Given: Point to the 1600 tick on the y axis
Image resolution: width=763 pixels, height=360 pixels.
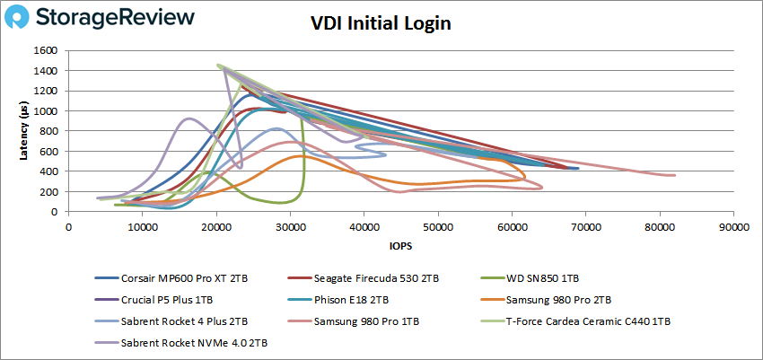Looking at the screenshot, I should [x=47, y=50].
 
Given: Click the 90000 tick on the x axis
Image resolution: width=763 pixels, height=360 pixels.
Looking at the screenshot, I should [x=734, y=226].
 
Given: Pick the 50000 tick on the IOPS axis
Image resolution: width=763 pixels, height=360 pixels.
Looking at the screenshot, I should [x=438, y=226].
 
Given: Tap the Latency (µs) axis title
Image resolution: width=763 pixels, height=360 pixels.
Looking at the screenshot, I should [x=24, y=131].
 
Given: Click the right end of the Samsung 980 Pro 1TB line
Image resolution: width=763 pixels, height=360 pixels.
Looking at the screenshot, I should [x=674, y=175].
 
